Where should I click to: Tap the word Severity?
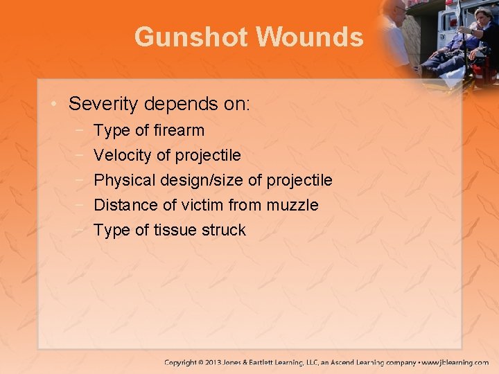[x=103, y=105]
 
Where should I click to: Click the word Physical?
[x=124, y=180]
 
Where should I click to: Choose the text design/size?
[x=201, y=180]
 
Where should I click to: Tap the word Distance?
[x=125, y=205]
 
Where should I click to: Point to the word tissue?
[x=174, y=230]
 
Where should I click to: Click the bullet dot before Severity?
[x=55, y=105]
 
